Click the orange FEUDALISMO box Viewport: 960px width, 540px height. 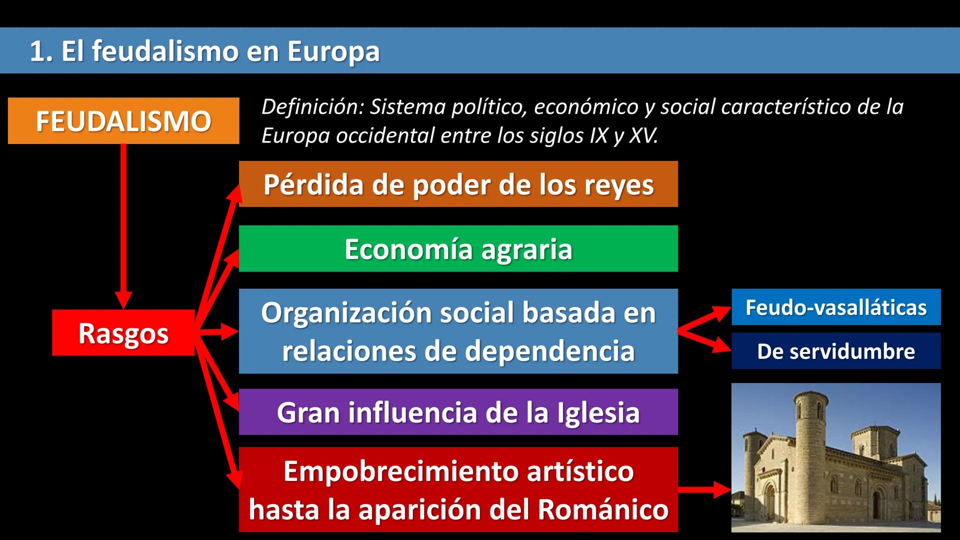[123, 121]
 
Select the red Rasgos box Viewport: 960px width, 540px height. [123, 333]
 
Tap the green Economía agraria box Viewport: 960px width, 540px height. [458, 248]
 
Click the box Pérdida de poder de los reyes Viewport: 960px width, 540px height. [458, 184]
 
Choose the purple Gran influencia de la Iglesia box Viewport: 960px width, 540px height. [458, 412]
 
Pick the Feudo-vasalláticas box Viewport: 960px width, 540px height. [836, 307]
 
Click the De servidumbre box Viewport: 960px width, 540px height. [836, 351]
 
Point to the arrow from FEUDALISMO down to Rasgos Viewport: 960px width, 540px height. [123, 225]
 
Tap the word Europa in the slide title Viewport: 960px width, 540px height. [333, 51]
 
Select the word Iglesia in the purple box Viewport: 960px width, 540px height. [598, 413]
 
